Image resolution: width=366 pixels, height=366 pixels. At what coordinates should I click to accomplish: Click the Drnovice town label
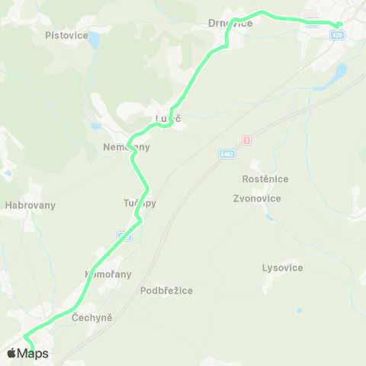click(230, 24)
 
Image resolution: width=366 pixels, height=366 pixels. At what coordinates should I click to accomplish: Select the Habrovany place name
click(30, 205)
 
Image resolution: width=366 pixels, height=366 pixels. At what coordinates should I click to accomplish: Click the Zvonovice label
click(257, 198)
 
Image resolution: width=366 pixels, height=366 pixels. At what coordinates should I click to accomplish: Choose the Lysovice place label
click(282, 268)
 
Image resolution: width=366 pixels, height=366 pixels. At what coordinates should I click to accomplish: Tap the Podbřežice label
click(166, 291)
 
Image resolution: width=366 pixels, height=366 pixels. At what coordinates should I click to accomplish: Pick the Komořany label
click(108, 274)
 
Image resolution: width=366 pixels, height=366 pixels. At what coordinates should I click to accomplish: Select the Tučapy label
click(139, 204)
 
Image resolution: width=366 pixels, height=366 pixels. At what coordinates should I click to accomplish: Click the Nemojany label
click(127, 146)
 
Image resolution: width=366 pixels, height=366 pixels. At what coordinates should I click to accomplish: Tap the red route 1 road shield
click(246, 140)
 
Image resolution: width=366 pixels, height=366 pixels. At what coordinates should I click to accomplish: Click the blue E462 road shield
click(226, 153)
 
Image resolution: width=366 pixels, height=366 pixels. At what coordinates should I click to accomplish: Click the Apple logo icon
click(11, 353)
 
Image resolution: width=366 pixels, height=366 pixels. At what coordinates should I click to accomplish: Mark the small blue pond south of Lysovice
click(299, 310)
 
